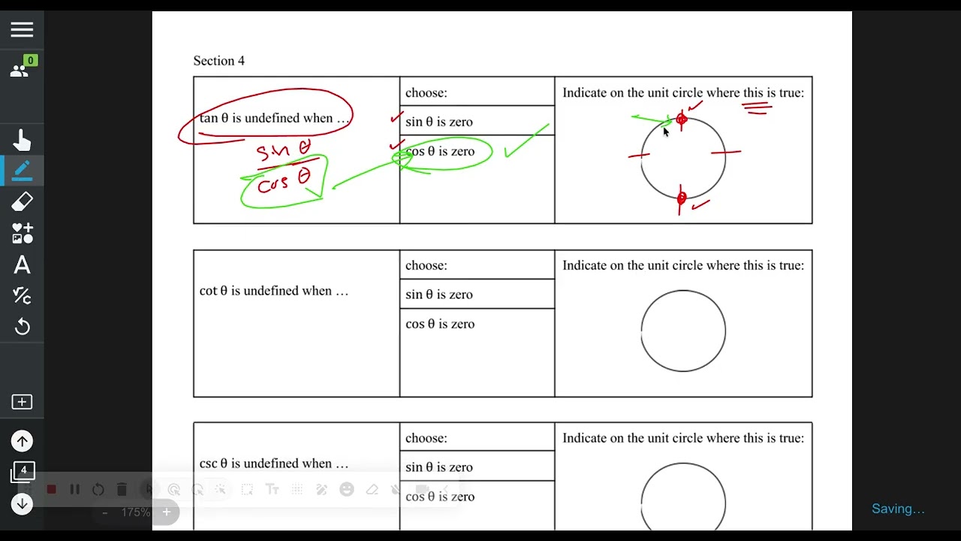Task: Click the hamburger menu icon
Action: (x=22, y=30)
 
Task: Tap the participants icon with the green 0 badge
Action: (x=22, y=68)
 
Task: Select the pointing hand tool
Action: (x=22, y=141)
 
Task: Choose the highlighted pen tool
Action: (x=22, y=171)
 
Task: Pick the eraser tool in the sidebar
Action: (x=22, y=201)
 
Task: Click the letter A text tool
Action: (x=22, y=265)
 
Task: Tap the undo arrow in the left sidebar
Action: (x=22, y=327)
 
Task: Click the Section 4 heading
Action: (x=218, y=61)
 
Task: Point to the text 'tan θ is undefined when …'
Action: (x=274, y=118)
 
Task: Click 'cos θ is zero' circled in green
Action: (x=440, y=152)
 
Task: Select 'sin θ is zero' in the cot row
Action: (x=439, y=295)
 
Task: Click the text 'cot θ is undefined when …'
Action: (x=274, y=291)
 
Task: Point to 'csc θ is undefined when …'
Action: (x=274, y=464)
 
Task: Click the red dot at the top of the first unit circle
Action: (x=682, y=119)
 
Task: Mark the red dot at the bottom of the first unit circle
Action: (x=682, y=198)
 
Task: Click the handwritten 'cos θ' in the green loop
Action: (x=284, y=181)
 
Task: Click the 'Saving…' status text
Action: (x=898, y=509)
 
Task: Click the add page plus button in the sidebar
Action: (x=22, y=402)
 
